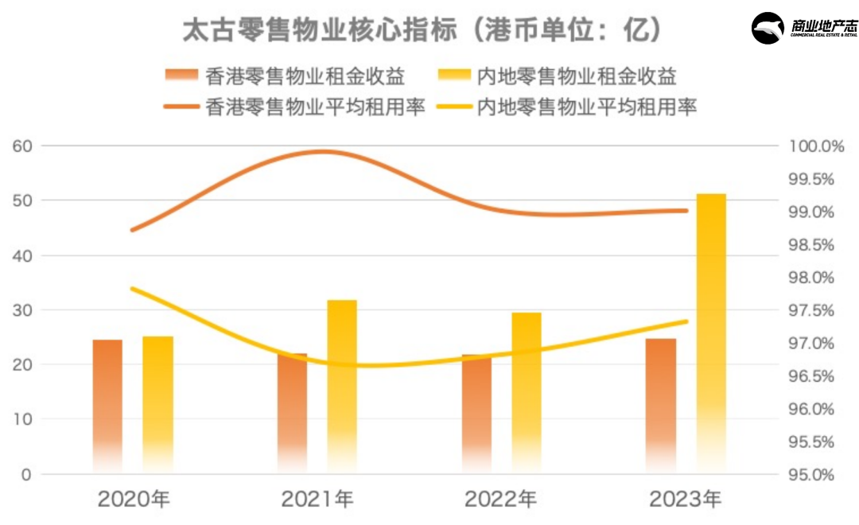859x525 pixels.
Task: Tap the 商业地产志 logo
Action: (804, 29)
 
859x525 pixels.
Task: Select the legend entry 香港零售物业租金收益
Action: (286, 77)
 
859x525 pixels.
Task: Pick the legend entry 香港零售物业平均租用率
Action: (294, 107)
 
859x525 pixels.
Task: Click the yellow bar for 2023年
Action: (711, 334)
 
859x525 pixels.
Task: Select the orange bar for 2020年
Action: (107, 406)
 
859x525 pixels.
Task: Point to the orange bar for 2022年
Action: (476, 414)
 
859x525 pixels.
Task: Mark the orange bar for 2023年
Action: (661, 406)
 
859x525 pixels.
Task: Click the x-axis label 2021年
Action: (317, 500)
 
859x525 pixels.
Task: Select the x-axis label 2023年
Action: (686, 500)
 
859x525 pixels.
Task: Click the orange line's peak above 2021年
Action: (322, 151)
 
